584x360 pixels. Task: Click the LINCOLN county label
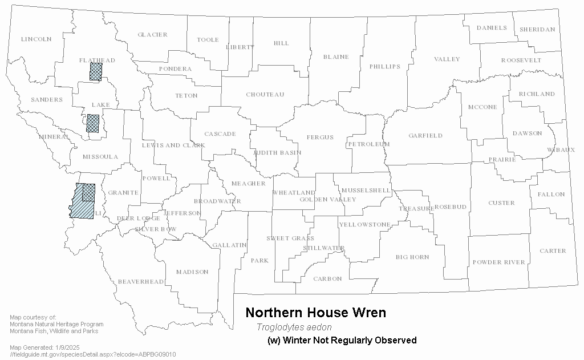[x=36, y=39]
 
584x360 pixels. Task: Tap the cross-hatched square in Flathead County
[x=96, y=71]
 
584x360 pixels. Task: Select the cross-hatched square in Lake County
[x=92, y=123]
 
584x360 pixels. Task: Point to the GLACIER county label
[x=152, y=35]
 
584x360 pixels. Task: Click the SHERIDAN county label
[x=537, y=30]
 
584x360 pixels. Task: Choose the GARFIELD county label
[x=425, y=136]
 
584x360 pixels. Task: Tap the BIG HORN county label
[x=412, y=257]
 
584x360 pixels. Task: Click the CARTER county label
[x=553, y=250]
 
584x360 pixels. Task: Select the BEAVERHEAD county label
[x=141, y=282]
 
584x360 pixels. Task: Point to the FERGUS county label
[x=320, y=137]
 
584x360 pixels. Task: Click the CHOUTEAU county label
[x=265, y=95]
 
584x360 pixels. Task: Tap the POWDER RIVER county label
[x=498, y=262]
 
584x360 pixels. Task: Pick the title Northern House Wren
[x=315, y=313]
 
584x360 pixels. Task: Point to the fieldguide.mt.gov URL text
[x=93, y=354]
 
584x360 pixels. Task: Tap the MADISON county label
[x=192, y=272]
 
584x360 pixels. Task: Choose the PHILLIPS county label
[x=385, y=67]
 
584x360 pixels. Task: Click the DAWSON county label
[x=527, y=134]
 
